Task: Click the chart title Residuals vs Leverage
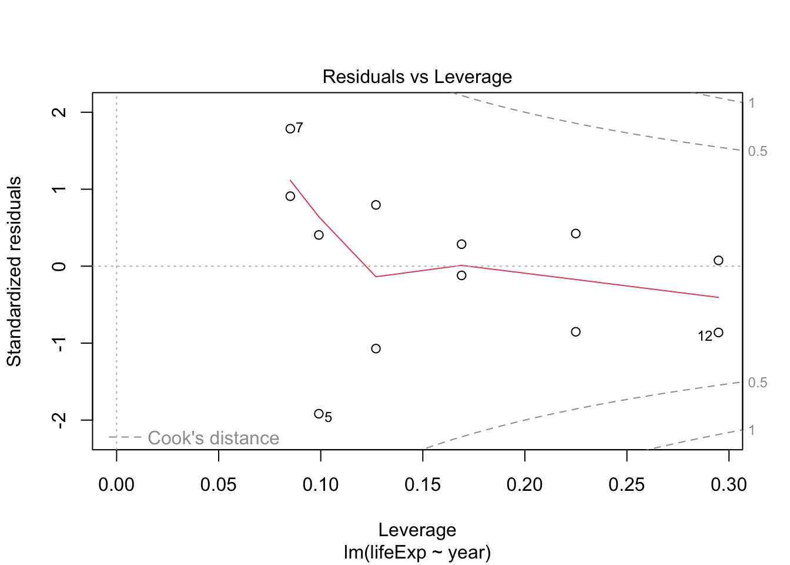pyautogui.click(x=417, y=77)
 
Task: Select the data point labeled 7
pyautogui.click(x=290, y=128)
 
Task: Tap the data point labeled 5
pyautogui.click(x=319, y=414)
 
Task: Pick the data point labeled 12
pyautogui.click(x=718, y=333)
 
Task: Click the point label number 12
pyautogui.click(x=705, y=336)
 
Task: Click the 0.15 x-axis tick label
pyautogui.click(x=423, y=484)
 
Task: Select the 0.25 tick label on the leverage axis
pyautogui.click(x=627, y=484)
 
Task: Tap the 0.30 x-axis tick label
pyautogui.click(x=729, y=484)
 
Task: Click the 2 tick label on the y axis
pyautogui.click(x=59, y=112)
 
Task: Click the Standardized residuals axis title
pyautogui.click(x=14, y=271)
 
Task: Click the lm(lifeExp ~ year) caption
pyautogui.click(x=417, y=552)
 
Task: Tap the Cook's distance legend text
pyautogui.click(x=213, y=438)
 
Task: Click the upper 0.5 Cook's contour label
pyautogui.click(x=758, y=151)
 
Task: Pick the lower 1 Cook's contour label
pyautogui.click(x=752, y=430)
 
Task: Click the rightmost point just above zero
pyautogui.click(x=718, y=261)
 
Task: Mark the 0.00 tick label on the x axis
pyautogui.click(x=116, y=484)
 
